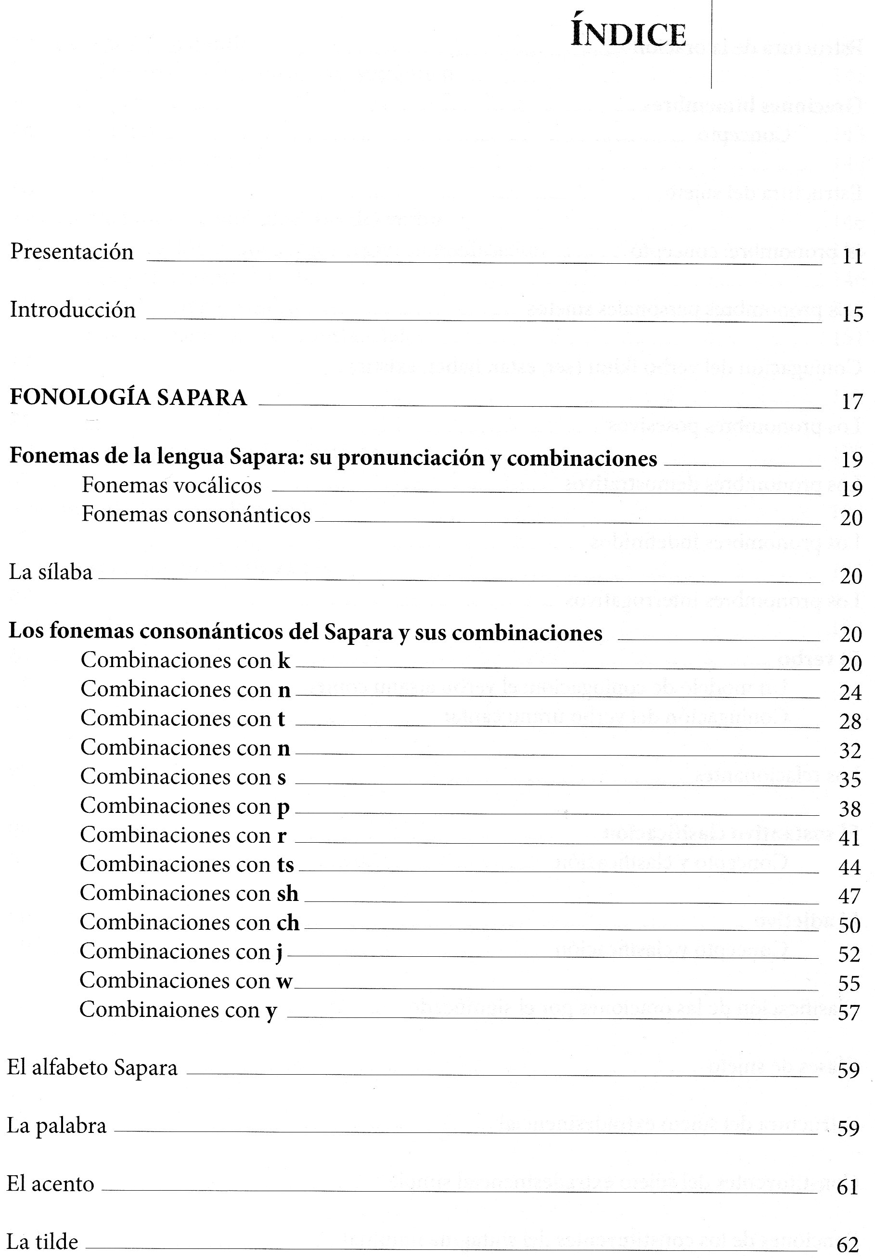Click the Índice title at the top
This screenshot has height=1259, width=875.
(628, 35)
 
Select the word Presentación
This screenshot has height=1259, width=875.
(72, 252)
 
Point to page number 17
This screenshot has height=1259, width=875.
(852, 402)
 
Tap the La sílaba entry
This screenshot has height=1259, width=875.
(51, 573)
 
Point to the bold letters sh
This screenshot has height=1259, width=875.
(288, 894)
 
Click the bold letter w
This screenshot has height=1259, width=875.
(284, 981)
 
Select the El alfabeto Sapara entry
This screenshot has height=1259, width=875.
(92, 1068)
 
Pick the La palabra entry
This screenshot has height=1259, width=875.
(56, 1126)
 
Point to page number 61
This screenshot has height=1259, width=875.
(848, 1187)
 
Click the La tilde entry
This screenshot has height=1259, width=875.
(42, 1242)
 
